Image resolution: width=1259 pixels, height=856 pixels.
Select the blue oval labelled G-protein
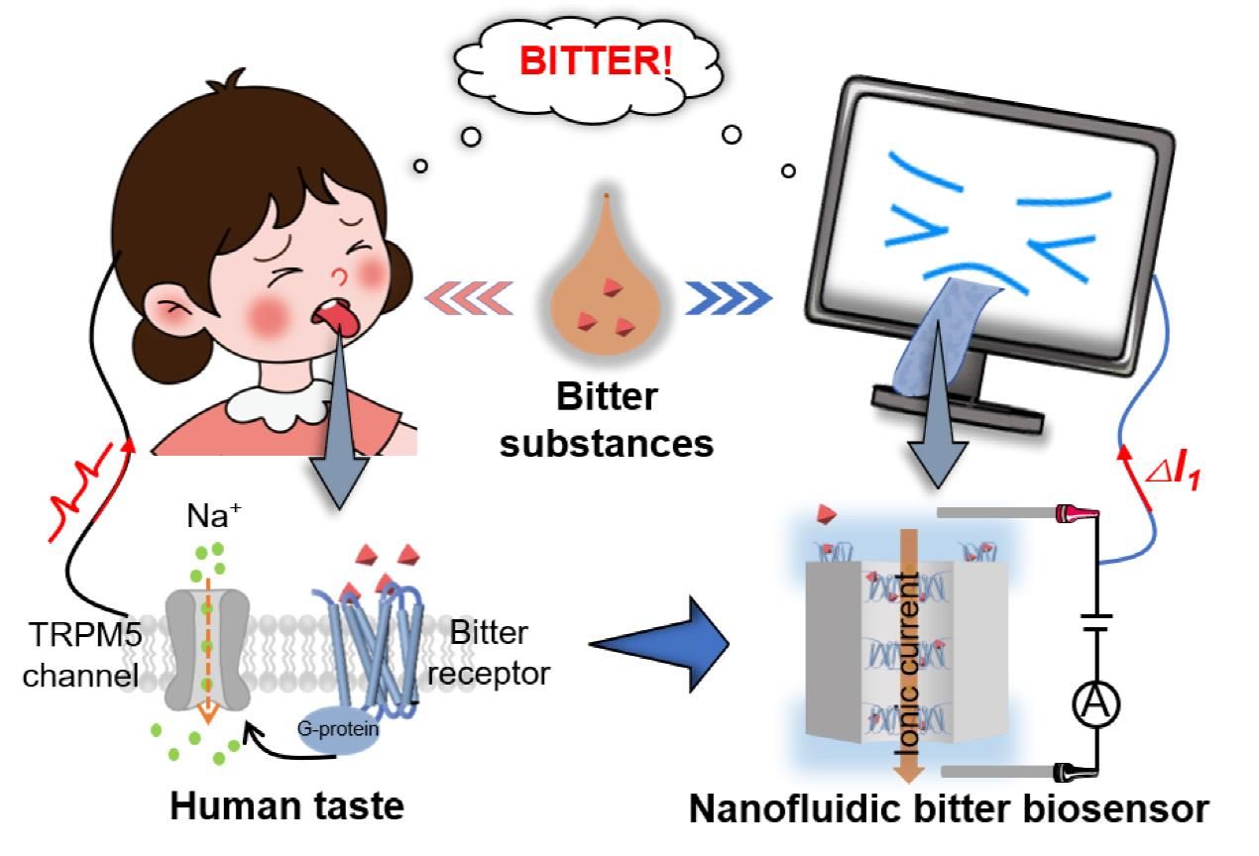338,731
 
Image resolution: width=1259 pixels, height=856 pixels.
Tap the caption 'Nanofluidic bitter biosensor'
949,809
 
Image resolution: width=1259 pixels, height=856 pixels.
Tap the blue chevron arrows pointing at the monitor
729,294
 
